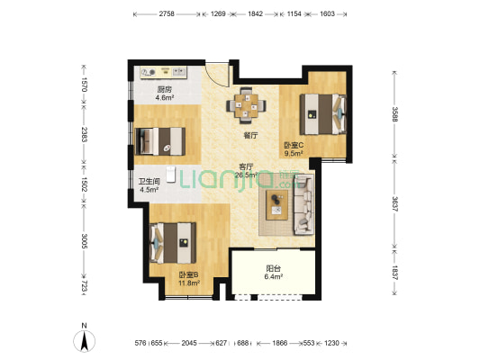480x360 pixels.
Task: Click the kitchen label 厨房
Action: tap(165, 90)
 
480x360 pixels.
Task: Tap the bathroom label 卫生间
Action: tap(149, 182)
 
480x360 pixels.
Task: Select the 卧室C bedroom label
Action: tap(294, 145)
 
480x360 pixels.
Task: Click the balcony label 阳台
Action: tap(273, 269)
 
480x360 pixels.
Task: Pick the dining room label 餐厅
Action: tap(250, 135)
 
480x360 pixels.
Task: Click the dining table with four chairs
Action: tap(246, 105)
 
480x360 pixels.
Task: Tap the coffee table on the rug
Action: tap(276, 205)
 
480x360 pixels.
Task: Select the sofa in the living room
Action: tap(303, 205)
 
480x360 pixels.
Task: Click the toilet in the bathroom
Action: tap(170, 174)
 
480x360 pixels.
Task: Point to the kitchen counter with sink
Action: tap(164, 73)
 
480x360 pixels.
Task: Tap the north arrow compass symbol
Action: tap(84, 339)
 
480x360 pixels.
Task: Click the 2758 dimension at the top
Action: tap(167, 13)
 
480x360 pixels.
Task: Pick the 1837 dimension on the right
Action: tap(394, 273)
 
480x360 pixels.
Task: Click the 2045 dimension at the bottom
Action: tap(189, 343)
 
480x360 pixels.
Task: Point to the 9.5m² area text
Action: tap(294, 153)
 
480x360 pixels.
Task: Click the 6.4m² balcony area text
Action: tap(273, 277)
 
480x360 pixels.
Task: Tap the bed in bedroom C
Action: tap(323, 114)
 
